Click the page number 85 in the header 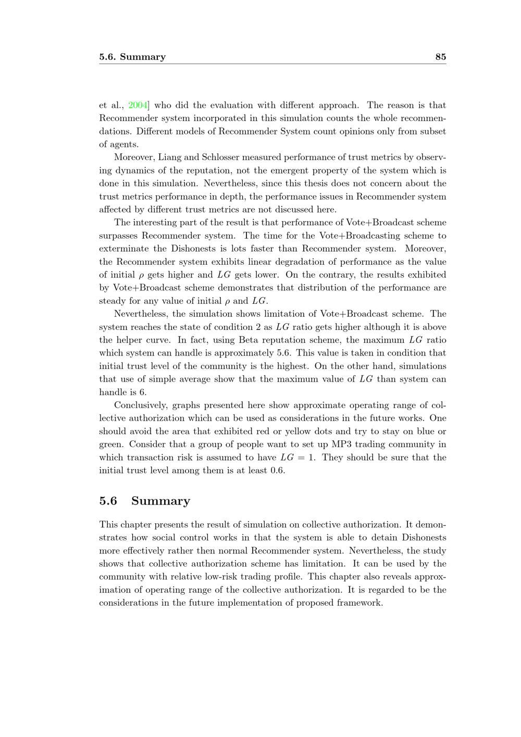point(440,57)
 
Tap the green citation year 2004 point(138,105)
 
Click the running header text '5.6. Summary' point(132,57)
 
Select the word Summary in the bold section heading point(160,501)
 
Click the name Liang point(169,157)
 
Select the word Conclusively point(141,406)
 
